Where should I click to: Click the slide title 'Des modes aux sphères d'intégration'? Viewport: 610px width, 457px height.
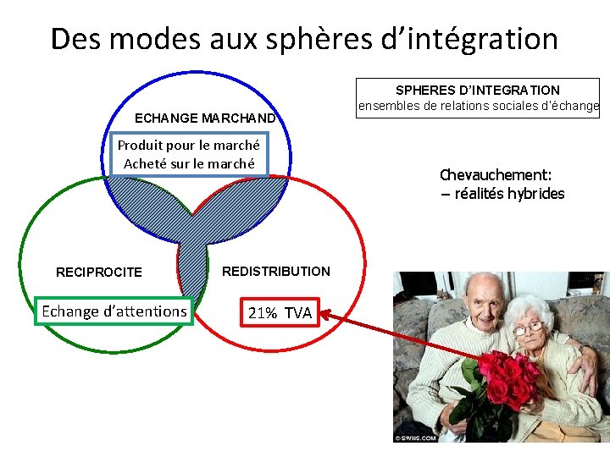304,39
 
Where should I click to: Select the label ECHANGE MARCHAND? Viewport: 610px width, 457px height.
205,118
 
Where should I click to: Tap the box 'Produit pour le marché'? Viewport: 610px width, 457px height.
189,145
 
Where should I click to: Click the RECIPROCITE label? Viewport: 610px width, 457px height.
99,273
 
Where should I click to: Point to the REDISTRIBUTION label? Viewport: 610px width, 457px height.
276,272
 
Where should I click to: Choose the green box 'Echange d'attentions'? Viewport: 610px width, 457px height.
114,311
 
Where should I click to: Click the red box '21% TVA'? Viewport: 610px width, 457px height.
280,313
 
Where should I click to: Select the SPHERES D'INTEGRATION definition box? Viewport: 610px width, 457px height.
478,98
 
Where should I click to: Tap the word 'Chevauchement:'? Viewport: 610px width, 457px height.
496,175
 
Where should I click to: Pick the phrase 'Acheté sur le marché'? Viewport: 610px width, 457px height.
189,163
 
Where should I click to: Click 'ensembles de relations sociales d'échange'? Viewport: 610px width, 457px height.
478,107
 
